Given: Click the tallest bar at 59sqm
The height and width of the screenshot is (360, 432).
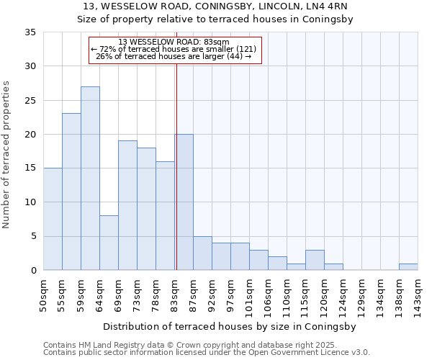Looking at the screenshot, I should (x=90, y=179).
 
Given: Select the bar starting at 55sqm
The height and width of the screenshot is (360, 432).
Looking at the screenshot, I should (x=71, y=192).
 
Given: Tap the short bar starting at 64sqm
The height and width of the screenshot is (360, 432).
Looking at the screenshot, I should (x=109, y=243).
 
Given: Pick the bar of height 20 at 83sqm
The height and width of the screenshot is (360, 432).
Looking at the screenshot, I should (x=184, y=202).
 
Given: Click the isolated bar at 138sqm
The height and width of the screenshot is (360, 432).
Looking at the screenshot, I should (x=408, y=267).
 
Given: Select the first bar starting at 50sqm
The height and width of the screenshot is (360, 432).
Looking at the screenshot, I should (x=53, y=219).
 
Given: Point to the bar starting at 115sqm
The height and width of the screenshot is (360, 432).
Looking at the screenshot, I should (x=315, y=260).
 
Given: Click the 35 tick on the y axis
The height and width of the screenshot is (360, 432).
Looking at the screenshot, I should (x=30, y=32).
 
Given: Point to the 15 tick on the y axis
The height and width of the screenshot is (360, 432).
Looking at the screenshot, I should (x=30, y=168).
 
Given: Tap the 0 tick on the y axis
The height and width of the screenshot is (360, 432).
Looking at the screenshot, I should (x=33, y=271).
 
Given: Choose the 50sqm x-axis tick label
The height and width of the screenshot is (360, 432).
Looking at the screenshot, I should (x=44, y=294).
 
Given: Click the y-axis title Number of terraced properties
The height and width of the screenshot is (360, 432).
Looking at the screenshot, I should (x=6, y=155).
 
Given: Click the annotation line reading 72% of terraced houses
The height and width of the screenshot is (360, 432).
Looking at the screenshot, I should (x=174, y=49).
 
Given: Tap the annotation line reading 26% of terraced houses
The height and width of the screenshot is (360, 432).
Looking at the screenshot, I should (x=174, y=56).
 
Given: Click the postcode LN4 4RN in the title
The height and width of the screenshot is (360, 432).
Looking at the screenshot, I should (x=328, y=6).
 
